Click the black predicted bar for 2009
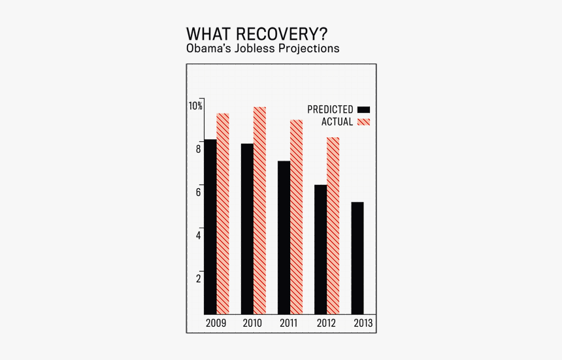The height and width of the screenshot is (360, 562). point(210,227)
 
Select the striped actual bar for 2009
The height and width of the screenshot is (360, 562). point(223,214)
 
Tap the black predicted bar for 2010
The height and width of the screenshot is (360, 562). point(247,229)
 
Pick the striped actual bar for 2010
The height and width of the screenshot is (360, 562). point(259,210)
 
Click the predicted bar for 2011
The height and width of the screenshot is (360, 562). point(284,237)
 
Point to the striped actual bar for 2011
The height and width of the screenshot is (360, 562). point(296,217)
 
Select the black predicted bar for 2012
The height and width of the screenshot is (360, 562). point(320,249)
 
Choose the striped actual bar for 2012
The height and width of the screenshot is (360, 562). point(333,225)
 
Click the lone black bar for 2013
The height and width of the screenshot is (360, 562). point(357,258)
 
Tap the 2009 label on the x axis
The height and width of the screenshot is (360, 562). point(216,323)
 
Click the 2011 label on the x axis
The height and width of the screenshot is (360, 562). point(289,323)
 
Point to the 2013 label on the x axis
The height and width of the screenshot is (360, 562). point(363,323)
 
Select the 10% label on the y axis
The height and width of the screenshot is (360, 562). point(195,106)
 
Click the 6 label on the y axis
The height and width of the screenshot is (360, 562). point(198,192)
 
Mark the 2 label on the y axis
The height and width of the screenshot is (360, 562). point(198,278)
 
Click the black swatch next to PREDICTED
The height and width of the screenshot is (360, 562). point(364,110)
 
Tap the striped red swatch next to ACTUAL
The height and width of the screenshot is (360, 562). point(364,122)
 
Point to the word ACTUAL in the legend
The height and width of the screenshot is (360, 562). point(337,122)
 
